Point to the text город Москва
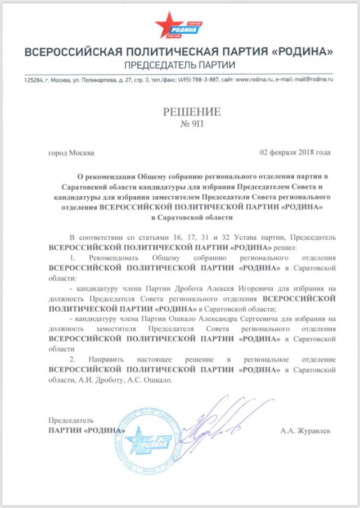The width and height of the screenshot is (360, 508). [x=71, y=152]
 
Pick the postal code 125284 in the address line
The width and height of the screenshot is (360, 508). [x=33, y=80]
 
